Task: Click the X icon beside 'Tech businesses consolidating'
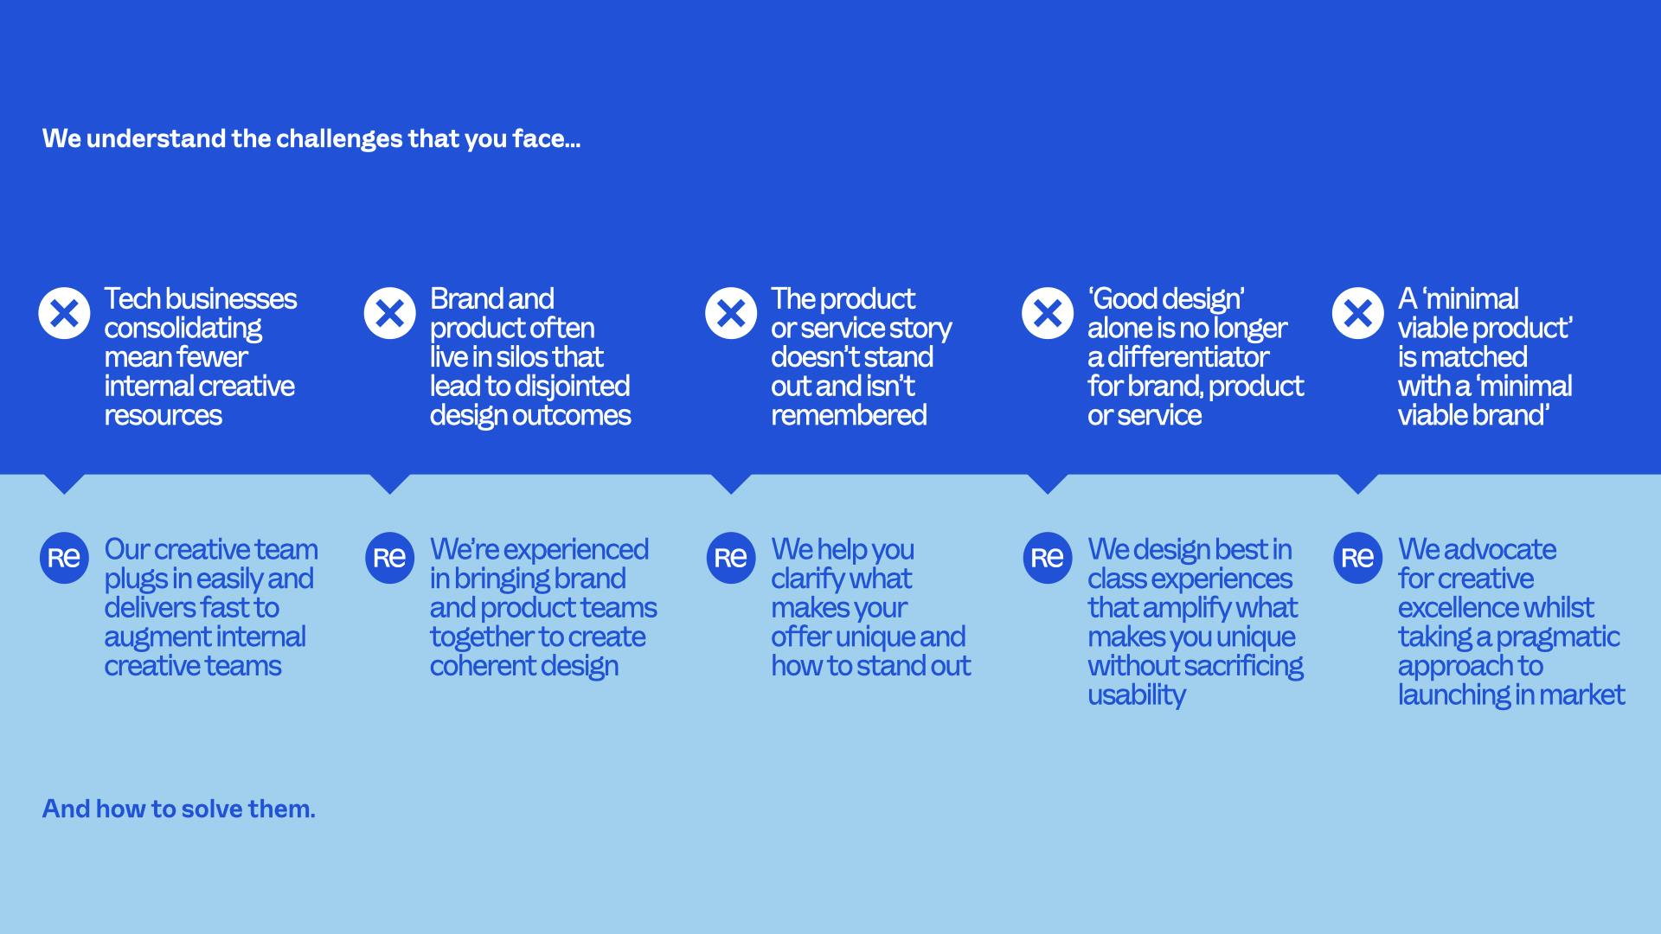64,313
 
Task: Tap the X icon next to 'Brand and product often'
389,313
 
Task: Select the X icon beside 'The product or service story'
731,313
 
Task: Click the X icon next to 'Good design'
1048,313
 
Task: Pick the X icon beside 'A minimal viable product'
1357,313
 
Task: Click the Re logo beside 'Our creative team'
64,558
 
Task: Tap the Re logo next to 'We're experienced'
389,558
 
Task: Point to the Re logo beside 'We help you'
731,558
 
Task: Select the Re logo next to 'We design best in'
1048,558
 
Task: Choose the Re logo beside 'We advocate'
1357,558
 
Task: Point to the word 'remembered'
849,415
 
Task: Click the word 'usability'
1136,695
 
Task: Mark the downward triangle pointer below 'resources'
64,483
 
